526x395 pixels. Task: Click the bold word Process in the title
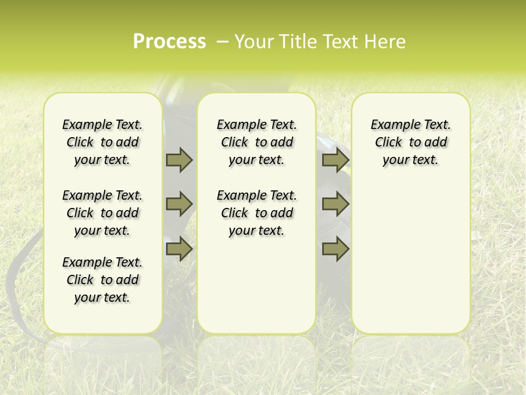click(x=169, y=42)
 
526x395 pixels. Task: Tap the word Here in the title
click(x=385, y=42)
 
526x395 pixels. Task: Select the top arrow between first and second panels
click(x=179, y=160)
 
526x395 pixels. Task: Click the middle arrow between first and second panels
click(x=179, y=204)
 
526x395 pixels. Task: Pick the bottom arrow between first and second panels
click(x=179, y=249)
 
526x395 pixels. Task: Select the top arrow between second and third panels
click(x=335, y=160)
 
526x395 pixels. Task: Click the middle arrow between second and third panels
click(x=335, y=204)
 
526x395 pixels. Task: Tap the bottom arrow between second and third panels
click(x=335, y=249)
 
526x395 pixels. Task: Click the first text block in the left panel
click(x=102, y=142)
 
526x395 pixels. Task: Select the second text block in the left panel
click(x=102, y=213)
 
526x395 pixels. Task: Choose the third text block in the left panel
click(x=102, y=280)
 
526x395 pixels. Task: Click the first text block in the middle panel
click(x=256, y=142)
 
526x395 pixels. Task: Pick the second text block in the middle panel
click(x=256, y=213)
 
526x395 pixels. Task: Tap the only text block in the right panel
click(x=410, y=142)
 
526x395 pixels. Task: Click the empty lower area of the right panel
click(x=410, y=258)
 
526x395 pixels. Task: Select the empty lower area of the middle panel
click(x=256, y=285)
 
